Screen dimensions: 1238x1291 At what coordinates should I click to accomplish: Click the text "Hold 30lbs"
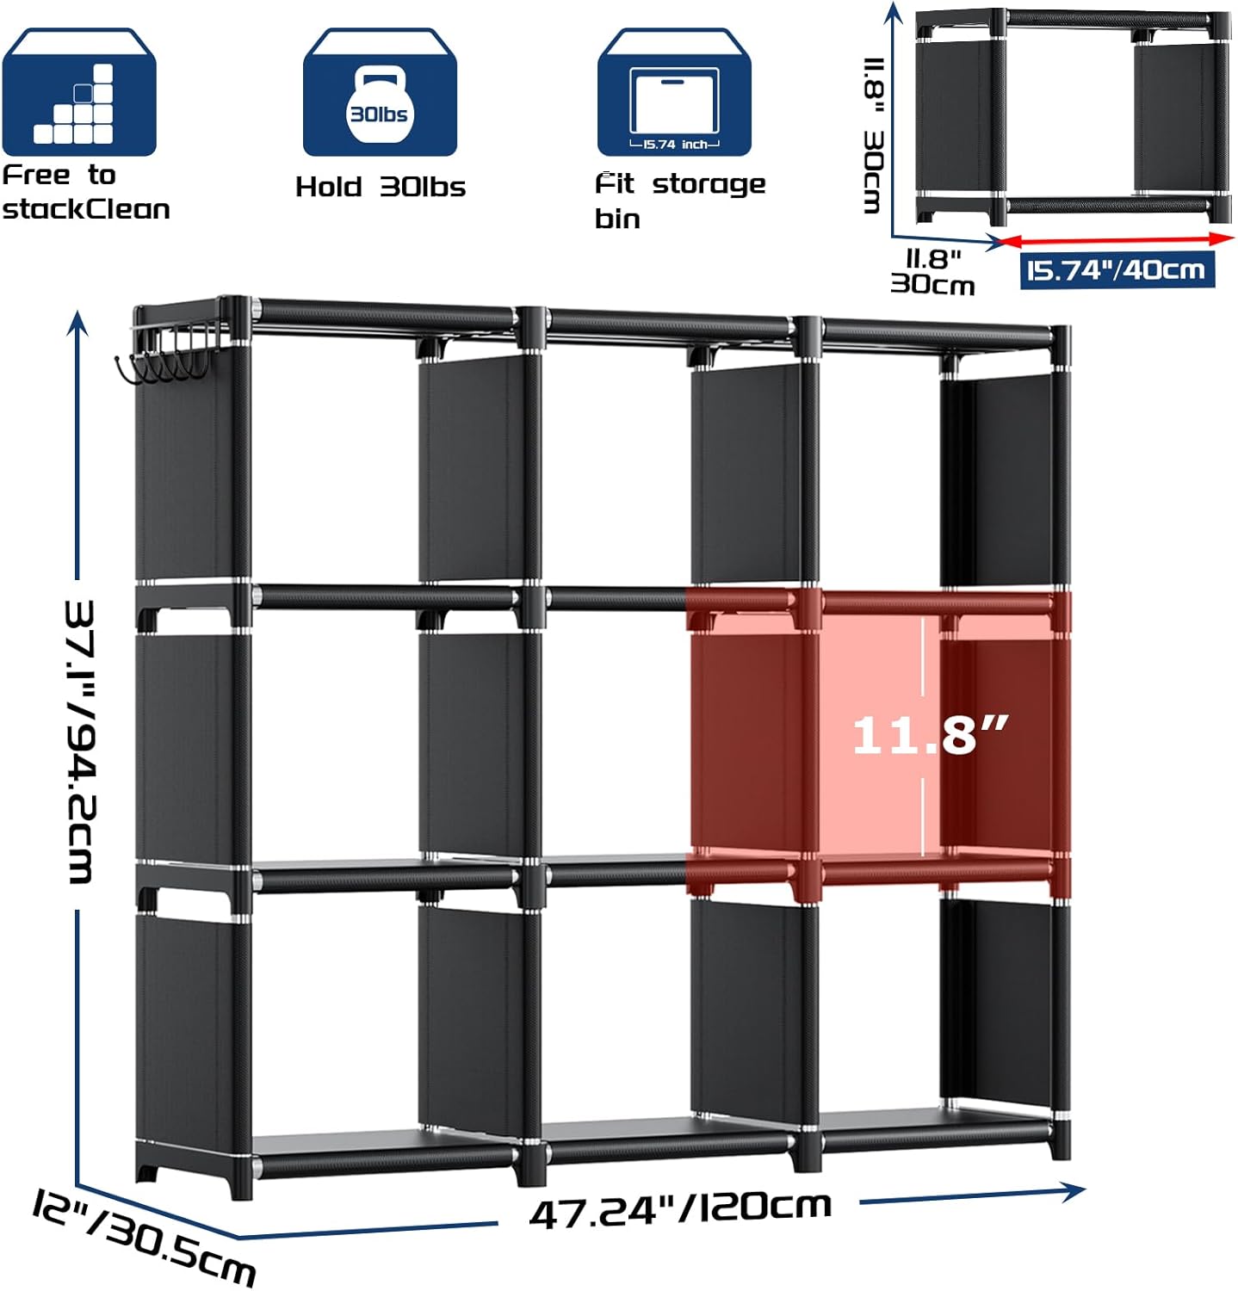click(x=381, y=187)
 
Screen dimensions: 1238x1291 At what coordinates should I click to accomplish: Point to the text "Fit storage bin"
click(x=680, y=200)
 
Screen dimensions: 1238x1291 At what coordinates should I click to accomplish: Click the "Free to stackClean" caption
click(x=86, y=192)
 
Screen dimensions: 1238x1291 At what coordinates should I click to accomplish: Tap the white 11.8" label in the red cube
click(x=930, y=735)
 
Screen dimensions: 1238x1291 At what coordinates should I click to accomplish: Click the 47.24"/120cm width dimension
click(x=680, y=1210)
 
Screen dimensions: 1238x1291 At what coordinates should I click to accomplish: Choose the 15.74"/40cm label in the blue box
click(x=1117, y=270)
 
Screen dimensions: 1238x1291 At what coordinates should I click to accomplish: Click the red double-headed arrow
click(x=1116, y=240)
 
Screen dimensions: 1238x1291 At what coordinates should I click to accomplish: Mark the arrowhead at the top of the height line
click(x=77, y=324)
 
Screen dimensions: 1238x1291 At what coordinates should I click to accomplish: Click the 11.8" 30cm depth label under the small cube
click(x=932, y=272)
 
